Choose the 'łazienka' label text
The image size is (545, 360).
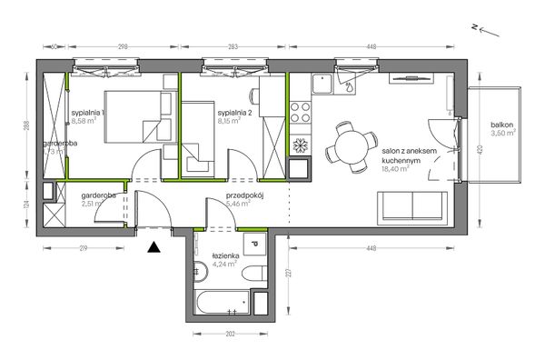click(x=223, y=257)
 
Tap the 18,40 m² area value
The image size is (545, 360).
click(x=397, y=168)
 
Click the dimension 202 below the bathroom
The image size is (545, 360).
click(x=230, y=335)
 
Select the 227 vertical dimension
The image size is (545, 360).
click(x=286, y=273)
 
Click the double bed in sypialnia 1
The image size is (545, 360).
click(x=134, y=116)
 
